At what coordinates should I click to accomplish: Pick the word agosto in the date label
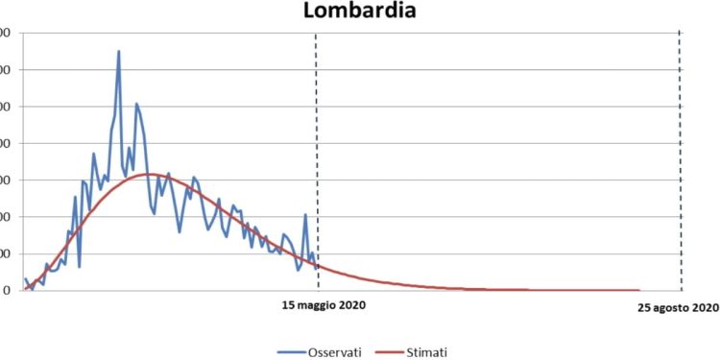pyautogui.click(x=675, y=307)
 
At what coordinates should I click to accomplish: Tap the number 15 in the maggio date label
pyautogui.click(x=287, y=306)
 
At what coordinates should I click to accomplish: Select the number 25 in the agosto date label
pyautogui.click(x=645, y=307)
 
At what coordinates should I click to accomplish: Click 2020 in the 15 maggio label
pyautogui.click(x=351, y=306)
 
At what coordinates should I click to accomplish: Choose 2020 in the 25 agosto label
pyautogui.click(x=706, y=307)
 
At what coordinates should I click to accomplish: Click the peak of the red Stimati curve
pyautogui.click(x=151, y=174)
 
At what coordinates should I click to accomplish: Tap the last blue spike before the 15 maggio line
pyautogui.click(x=305, y=215)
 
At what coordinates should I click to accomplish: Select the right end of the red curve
pyautogui.click(x=638, y=290)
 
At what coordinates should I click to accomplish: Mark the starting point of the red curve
pyautogui.click(x=24, y=289)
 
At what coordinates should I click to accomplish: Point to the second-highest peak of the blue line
pyautogui.click(x=136, y=104)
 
